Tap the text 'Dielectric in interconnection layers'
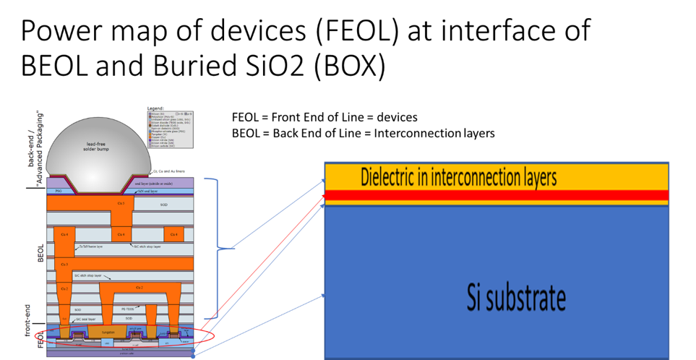[458, 177]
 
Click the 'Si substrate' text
[516, 297]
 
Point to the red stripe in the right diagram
[497, 195]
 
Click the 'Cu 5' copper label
[120, 204]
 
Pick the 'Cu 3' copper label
[64, 265]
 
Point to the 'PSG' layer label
[59, 191]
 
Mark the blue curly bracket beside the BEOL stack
[215, 248]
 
